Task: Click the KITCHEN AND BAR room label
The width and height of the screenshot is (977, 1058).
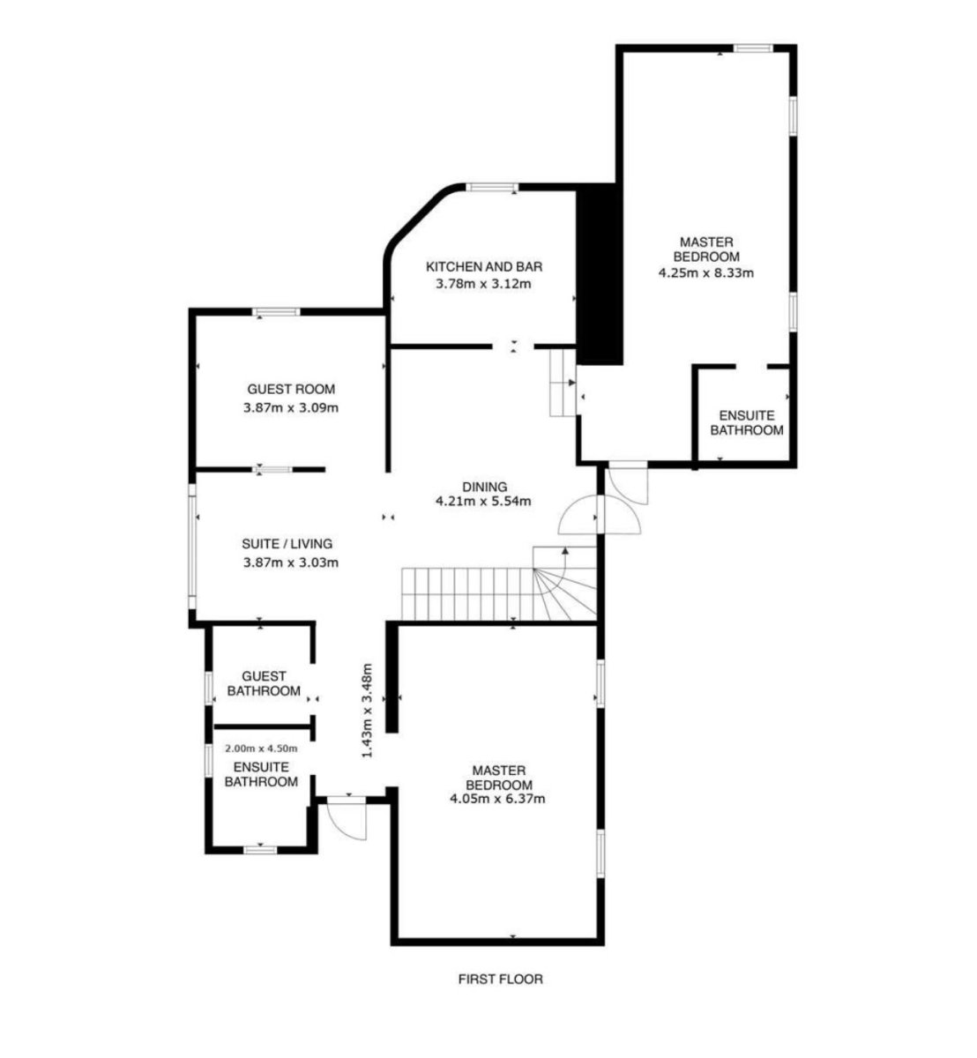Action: [484, 266]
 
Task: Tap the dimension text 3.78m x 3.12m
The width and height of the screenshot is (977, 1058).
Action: [483, 284]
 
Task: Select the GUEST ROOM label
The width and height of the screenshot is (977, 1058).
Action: [291, 389]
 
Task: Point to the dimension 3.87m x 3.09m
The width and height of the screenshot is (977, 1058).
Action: [291, 408]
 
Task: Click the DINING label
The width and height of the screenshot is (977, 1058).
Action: [484, 487]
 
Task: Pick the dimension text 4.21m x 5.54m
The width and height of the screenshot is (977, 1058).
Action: [483, 502]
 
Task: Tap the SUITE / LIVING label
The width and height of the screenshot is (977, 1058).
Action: [287, 544]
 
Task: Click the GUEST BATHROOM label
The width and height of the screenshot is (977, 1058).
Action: [264, 683]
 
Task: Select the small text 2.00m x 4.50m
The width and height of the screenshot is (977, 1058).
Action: [261, 749]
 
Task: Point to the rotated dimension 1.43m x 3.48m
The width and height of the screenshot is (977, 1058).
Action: [367, 710]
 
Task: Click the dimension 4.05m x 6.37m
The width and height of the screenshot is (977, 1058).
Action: [498, 799]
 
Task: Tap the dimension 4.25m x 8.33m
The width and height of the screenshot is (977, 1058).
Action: [706, 273]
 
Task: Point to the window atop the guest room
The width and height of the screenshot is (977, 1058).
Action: [276, 312]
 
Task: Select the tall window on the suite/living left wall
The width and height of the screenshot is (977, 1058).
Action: [192, 546]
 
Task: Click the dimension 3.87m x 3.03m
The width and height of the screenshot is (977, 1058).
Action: [291, 563]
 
